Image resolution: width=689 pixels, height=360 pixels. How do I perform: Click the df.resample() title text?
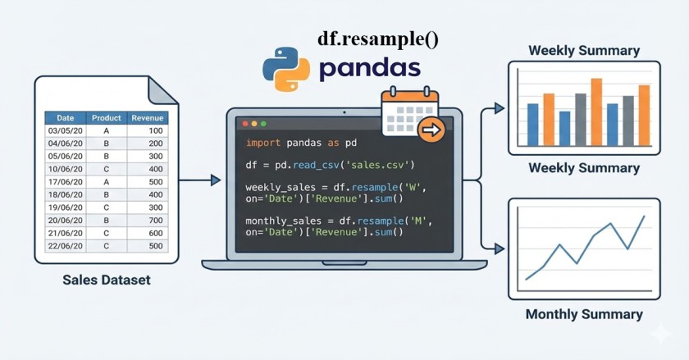[x=377, y=39]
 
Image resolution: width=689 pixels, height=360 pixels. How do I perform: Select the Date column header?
[x=65, y=118]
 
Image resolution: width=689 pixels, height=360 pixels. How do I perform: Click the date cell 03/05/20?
[x=65, y=130]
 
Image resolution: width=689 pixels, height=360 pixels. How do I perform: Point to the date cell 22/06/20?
[x=65, y=245]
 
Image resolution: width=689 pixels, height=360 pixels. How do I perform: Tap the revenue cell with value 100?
[x=155, y=130]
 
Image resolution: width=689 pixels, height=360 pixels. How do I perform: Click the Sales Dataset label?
[x=107, y=280]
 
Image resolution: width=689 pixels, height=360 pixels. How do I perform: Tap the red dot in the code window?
[x=244, y=124]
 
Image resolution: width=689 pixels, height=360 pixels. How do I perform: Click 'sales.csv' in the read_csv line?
[x=379, y=164]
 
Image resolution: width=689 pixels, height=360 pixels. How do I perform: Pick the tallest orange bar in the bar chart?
[x=596, y=111]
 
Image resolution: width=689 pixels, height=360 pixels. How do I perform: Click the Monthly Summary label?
[x=583, y=314]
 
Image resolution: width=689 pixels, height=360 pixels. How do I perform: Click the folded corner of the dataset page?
[x=157, y=88]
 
